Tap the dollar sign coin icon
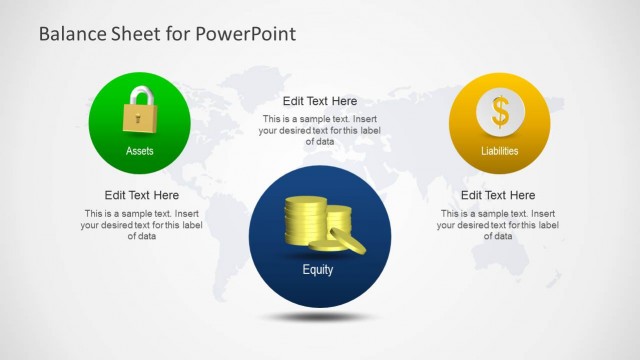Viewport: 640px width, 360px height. [499, 111]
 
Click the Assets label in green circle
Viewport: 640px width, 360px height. [140, 152]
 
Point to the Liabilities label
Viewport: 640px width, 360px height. [499, 152]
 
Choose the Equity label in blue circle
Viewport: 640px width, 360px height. [318, 270]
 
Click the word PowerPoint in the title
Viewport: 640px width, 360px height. [246, 34]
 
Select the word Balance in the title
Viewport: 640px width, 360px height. [67, 34]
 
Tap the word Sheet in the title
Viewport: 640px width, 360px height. [130, 34]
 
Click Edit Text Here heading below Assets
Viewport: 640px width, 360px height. [142, 195]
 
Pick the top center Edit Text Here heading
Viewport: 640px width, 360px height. [320, 101]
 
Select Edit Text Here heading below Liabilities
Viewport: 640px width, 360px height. [498, 195]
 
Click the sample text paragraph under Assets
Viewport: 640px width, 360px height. [142, 225]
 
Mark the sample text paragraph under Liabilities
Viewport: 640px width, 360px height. [498, 225]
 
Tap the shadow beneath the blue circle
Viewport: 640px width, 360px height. [319, 317]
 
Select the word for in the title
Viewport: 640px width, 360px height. [178, 34]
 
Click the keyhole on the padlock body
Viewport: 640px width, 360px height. [137, 119]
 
